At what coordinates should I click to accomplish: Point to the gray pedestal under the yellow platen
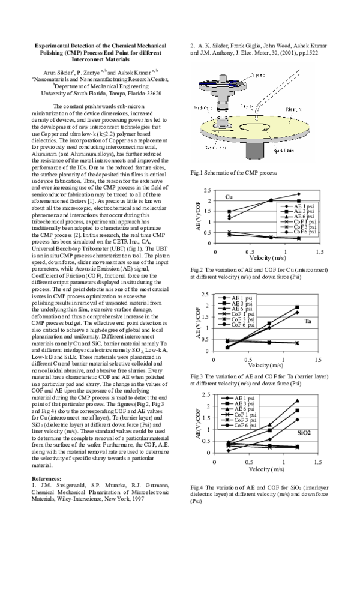pos(251,154)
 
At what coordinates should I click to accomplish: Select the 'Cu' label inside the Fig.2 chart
pos(229,197)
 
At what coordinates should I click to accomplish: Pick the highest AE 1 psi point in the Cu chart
pos(298,194)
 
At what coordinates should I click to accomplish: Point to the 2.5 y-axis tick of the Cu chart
pos(207,190)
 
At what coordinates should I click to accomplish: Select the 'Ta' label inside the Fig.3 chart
pos(308,321)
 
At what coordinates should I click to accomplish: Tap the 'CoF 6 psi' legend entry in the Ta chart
pos(241,324)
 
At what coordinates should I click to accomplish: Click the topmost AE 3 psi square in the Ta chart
pos(297,307)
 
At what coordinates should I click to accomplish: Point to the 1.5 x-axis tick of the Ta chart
pos(317,360)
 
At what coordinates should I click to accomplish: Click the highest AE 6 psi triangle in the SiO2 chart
pos(297,400)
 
